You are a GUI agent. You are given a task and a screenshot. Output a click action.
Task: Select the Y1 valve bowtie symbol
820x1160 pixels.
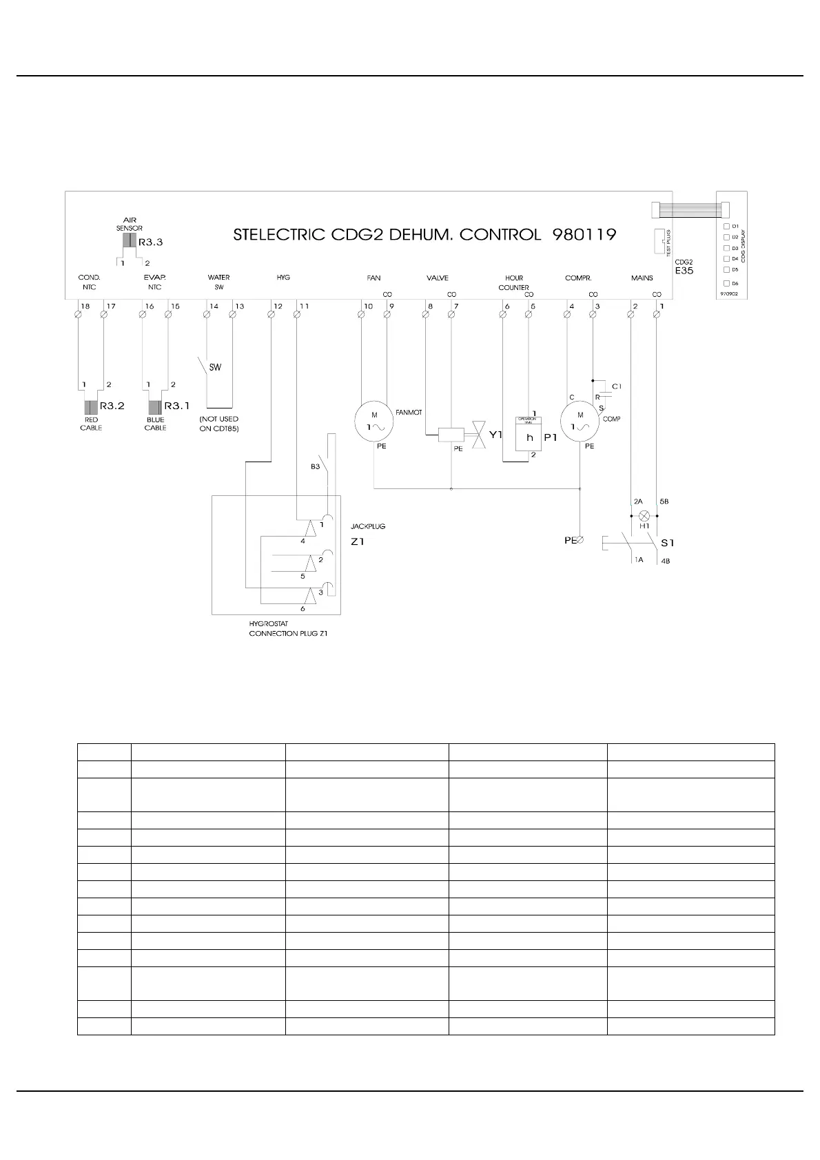[479, 436]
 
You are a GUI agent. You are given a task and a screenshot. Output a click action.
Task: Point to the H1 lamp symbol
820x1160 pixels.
[644, 515]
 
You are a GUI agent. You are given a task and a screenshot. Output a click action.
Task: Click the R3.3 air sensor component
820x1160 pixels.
[129, 240]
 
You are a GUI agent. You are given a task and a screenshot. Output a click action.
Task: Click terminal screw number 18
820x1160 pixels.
[78, 315]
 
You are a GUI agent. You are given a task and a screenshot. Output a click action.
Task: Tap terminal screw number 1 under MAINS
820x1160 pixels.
[657, 315]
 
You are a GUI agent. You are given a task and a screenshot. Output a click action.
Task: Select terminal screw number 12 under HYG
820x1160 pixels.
[271, 315]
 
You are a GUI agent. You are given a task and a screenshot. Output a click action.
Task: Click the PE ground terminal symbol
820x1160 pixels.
[580, 540]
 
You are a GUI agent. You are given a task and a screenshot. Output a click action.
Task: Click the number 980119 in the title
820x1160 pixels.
[584, 234]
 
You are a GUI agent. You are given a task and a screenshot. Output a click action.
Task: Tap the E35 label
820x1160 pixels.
[684, 271]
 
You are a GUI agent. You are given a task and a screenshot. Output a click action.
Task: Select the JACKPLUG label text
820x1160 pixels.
[368, 526]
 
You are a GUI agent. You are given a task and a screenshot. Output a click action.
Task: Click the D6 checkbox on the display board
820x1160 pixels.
[726, 283]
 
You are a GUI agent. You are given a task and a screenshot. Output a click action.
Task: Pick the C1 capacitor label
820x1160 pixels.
[617, 386]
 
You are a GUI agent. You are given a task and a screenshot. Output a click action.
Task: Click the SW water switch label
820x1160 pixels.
[215, 367]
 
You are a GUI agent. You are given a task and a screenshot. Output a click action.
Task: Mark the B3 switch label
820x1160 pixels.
[315, 466]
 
